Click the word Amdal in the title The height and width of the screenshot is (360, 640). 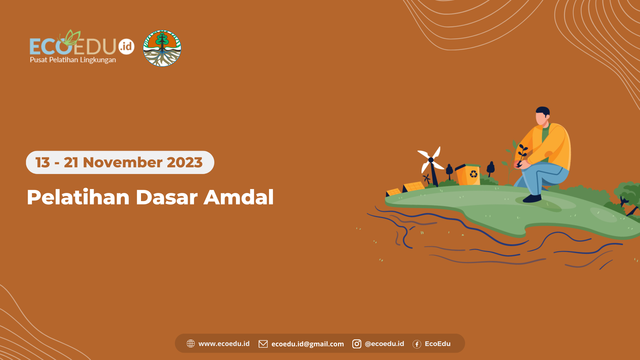pos(239,197)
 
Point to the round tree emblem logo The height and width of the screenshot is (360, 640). pos(162,48)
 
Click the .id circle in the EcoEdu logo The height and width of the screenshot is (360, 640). pos(126,46)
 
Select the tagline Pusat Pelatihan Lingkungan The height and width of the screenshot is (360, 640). pos(73,60)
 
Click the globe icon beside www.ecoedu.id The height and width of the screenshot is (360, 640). pos(191,344)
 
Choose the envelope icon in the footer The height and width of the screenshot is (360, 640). pos(263,344)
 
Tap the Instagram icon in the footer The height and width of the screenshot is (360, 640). pos(357,344)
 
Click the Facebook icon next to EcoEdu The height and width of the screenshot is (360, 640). pos(417,344)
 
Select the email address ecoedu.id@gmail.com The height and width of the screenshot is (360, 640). pos(307,344)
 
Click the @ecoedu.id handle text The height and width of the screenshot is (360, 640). pos(384,344)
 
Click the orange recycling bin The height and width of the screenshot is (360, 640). pos(468,175)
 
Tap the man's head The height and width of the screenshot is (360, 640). pos(542,115)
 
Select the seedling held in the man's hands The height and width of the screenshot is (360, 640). pos(522,154)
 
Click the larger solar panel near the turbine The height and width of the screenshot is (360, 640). pos(414,187)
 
